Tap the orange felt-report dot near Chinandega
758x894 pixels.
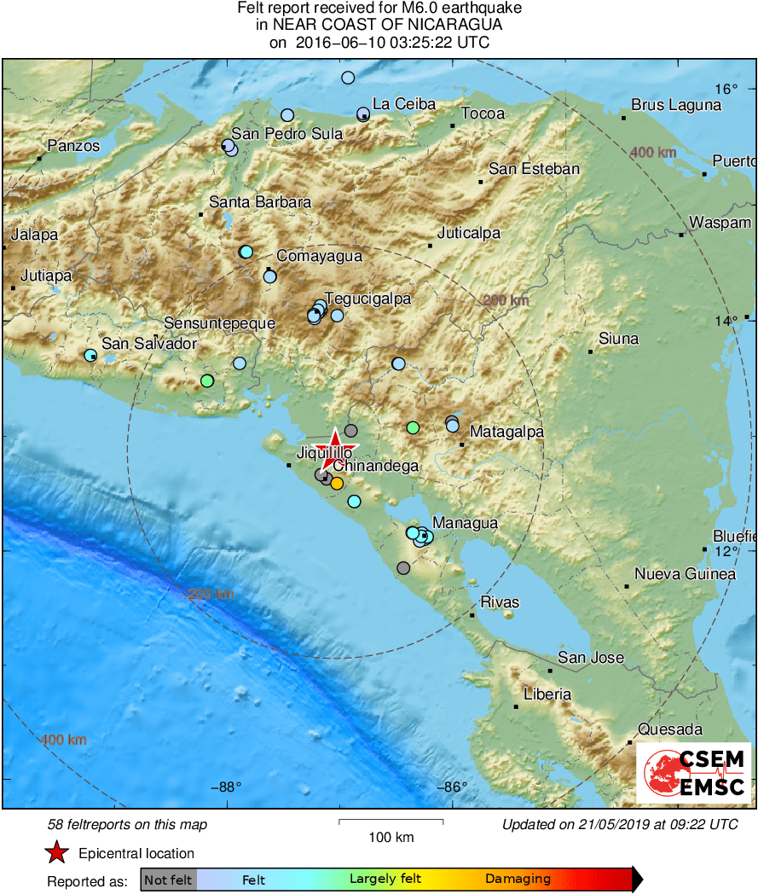pyautogui.click(x=337, y=484)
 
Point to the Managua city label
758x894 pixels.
pyautogui.click(x=466, y=523)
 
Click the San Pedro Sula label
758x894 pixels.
pyautogui.click(x=287, y=134)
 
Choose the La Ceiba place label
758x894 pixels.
pyautogui.click(x=404, y=105)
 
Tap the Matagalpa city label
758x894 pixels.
pyautogui.click(x=506, y=432)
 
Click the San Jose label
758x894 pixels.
pyautogui.click(x=591, y=658)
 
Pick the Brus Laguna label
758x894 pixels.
pyautogui.click(x=676, y=106)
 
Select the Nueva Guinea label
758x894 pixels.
pyautogui.click(x=685, y=574)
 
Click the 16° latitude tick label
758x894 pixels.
pyautogui.click(x=726, y=89)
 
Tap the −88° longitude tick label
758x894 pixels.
pyautogui.click(x=226, y=787)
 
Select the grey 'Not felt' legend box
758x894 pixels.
pyautogui.click(x=168, y=879)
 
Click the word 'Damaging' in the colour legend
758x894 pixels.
pyautogui.click(x=518, y=879)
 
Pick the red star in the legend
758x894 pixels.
pyautogui.click(x=56, y=852)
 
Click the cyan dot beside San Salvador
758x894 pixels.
pyautogui.click(x=90, y=355)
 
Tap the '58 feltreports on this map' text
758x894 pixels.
pyautogui.click(x=127, y=825)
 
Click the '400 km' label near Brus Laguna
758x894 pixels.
pyautogui.click(x=654, y=152)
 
